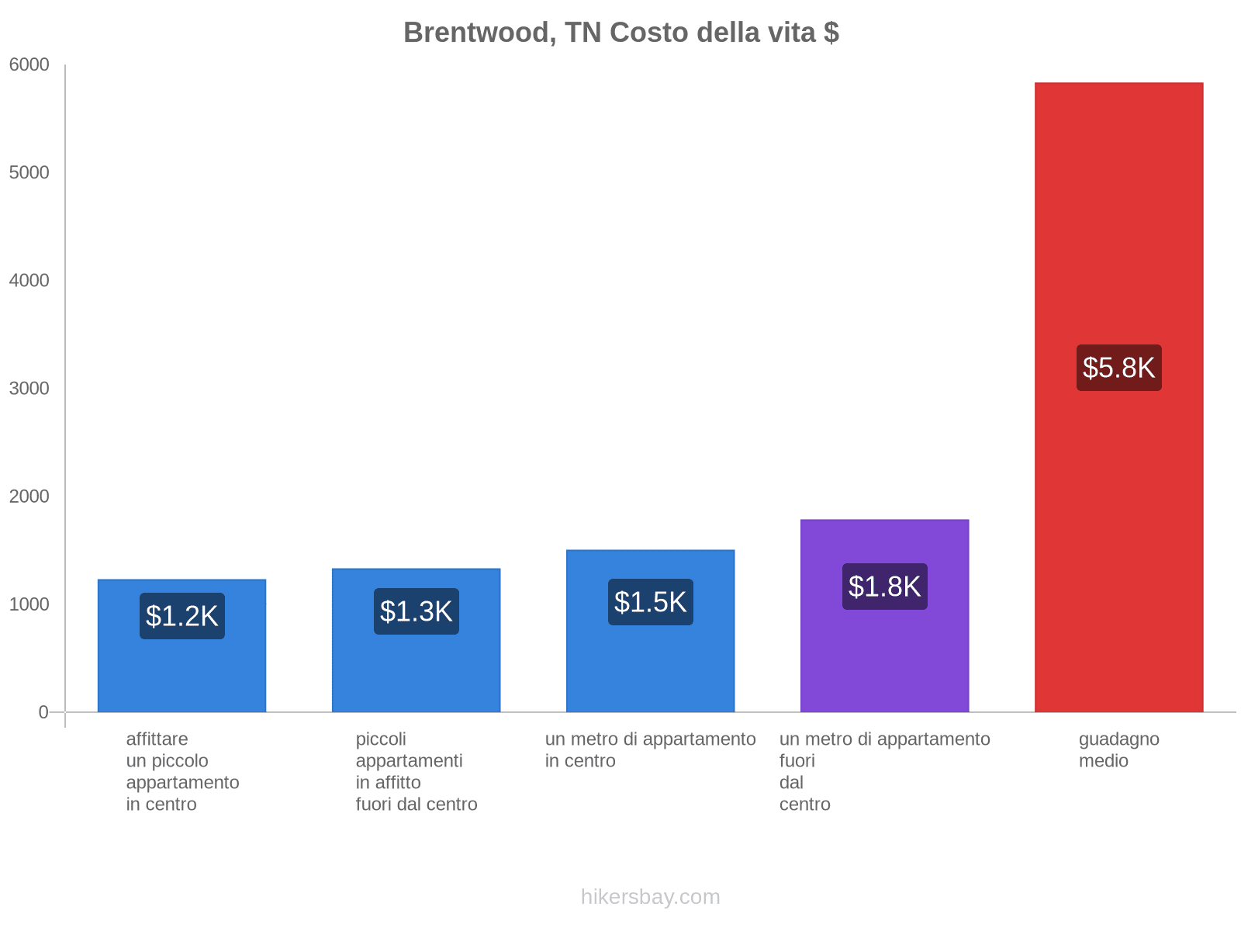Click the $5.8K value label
pos(1118,368)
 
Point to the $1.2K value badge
pos(182,616)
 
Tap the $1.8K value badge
pos(884,587)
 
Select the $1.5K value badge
pos(650,602)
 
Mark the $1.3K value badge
pos(416,611)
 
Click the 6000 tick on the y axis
pos(29,65)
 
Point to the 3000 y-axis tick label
pos(29,389)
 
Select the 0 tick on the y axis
pos(43,712)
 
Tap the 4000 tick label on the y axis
pos(29,281)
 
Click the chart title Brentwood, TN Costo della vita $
pos(620,33)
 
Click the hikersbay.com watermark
pos(650,897)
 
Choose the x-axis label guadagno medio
pos(1118,749)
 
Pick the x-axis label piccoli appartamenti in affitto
pos(416,771)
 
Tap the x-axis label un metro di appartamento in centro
pos(650,749)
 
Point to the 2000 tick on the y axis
pos(29,497)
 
